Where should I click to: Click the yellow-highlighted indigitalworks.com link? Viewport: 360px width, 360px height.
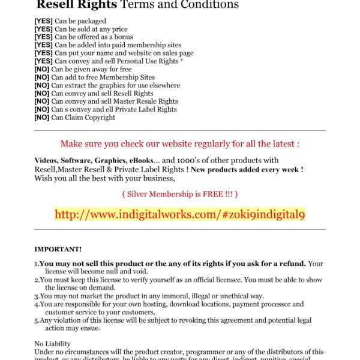180,214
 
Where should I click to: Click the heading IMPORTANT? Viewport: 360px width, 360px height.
58,249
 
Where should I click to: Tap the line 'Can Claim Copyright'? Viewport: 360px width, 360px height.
83,118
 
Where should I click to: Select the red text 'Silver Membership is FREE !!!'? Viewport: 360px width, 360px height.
180,194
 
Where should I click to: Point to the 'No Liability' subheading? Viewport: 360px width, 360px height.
52,344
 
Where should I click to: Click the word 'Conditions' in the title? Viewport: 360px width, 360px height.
206,5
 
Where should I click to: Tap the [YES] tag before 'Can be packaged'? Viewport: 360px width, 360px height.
43,20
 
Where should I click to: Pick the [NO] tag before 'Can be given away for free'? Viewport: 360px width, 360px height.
42,70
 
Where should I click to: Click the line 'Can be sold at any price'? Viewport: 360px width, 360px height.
91,29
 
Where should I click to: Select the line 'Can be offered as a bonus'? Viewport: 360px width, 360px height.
94,37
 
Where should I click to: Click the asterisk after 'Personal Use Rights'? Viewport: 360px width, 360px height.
182,61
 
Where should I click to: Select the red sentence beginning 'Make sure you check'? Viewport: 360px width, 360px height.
180,144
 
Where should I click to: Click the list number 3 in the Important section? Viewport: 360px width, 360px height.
36,296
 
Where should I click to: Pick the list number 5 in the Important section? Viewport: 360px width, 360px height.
36,320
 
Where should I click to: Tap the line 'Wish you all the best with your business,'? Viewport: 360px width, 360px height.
104,178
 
